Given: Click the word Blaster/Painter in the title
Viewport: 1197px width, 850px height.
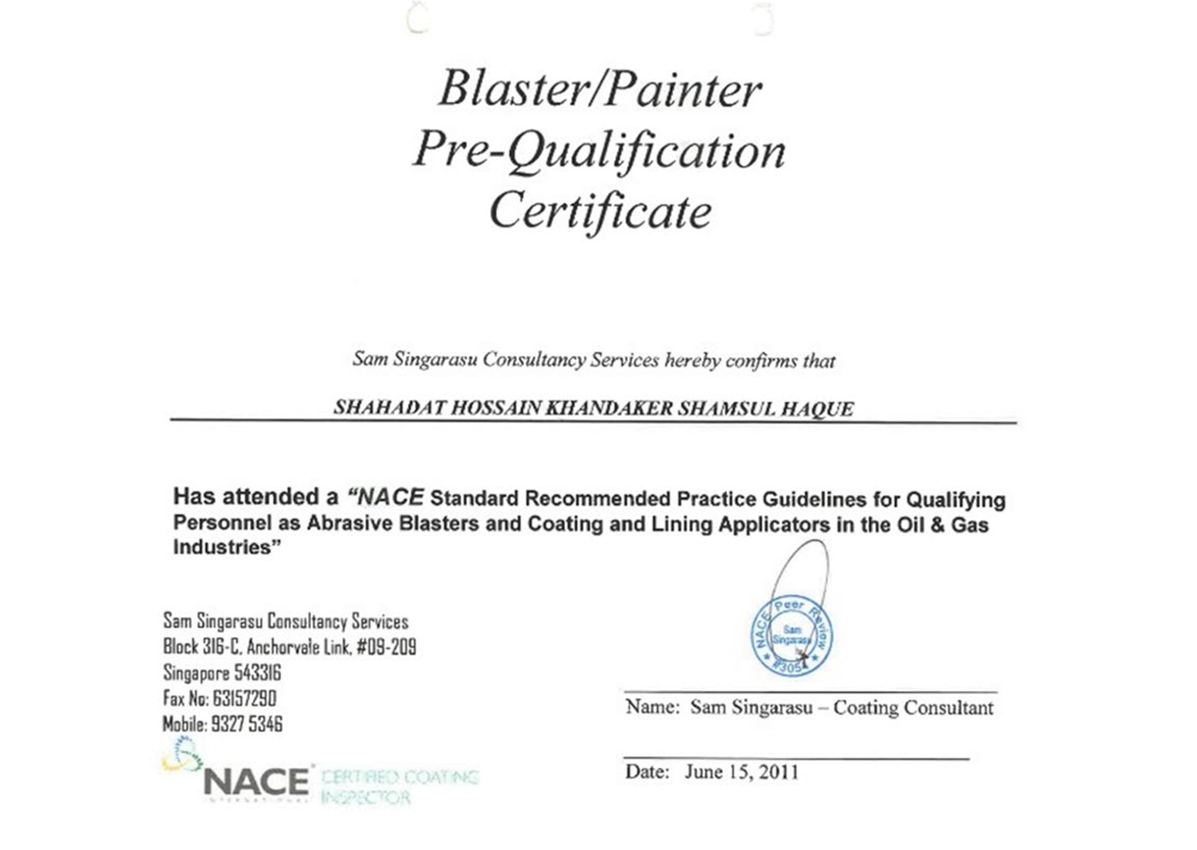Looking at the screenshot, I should [x=600, y=89].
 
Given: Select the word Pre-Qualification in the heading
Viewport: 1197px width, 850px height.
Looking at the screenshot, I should [x=599, y=152].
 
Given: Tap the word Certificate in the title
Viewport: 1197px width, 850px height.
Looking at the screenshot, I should [x=600, y=211].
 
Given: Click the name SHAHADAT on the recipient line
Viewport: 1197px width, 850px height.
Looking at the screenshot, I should [x=388, y=408].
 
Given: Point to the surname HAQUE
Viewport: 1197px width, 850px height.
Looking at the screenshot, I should [x=817, y=409].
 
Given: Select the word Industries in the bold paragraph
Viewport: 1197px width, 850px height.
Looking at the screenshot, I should [x=222, y=548].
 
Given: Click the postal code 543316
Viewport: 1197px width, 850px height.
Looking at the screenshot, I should [x=258, y=673].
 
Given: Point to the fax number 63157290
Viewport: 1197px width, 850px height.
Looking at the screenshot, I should [x=245, y=698].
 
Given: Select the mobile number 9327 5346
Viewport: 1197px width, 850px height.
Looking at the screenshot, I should [x=247, y=724].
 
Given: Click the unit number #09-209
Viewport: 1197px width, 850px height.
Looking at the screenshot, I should [x=386, y=647].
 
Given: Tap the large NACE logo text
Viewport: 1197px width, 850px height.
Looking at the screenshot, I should [x=256, y=783].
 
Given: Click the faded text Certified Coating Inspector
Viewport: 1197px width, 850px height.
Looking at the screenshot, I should [x=399, y=787].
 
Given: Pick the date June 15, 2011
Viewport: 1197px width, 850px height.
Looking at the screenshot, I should [x=742, y=772].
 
